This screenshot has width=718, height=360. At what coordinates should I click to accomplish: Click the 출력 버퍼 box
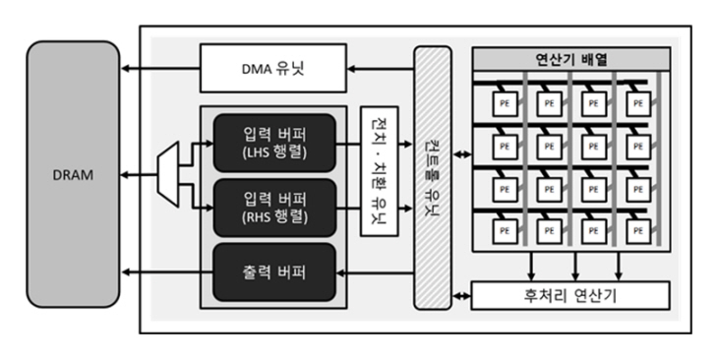(274, 270)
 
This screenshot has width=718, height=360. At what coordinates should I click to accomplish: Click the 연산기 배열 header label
(570, 59)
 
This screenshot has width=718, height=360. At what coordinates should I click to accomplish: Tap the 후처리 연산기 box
(570, 295)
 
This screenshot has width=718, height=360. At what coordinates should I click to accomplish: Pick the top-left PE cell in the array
(505, 102)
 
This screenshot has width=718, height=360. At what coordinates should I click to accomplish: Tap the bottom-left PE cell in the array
(505, 228)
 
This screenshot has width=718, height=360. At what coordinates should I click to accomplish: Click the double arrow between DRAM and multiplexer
(139, 173)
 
